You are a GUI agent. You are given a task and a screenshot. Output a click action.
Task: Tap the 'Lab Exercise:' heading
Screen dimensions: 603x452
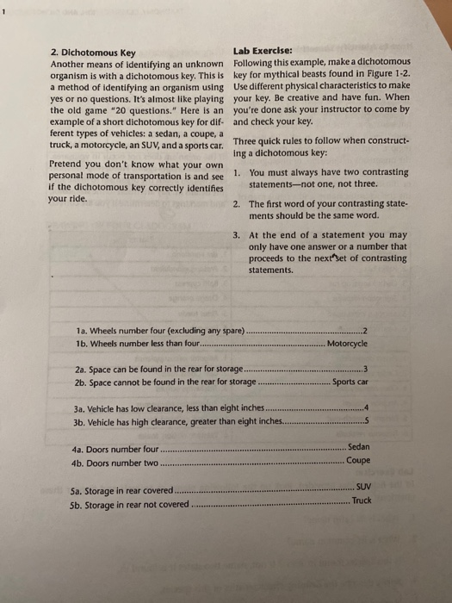262,50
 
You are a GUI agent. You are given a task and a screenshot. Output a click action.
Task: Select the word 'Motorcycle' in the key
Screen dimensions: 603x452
349,343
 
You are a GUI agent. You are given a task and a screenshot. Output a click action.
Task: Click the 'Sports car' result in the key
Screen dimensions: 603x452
350,382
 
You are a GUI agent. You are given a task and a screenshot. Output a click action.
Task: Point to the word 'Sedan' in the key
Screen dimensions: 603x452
358,447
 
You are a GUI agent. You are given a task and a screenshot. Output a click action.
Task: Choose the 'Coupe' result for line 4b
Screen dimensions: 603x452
358,460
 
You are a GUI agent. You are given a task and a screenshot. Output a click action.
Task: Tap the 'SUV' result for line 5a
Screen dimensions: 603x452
362,488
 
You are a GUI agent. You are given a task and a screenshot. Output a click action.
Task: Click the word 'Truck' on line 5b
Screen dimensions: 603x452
362,500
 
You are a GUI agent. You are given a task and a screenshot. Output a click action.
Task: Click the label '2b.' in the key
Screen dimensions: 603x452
82,382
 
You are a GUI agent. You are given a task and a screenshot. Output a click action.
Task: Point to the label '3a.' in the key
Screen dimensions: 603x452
82,408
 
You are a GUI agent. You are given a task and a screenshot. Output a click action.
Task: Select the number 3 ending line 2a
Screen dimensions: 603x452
365,368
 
